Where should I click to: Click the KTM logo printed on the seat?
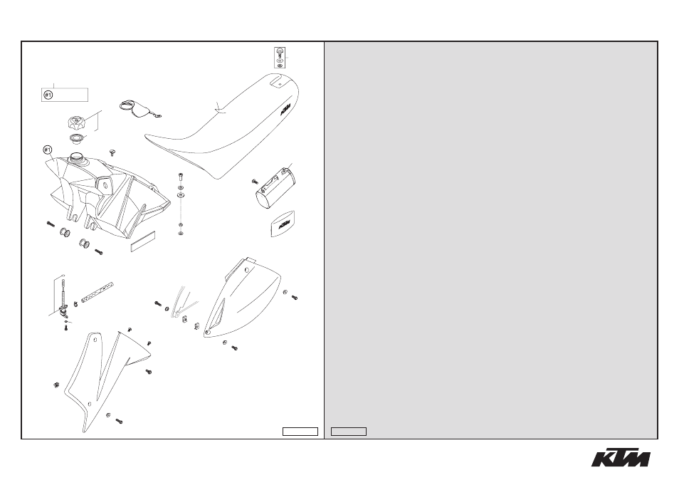tap(284, 110)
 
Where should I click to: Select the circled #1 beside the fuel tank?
tap(48, 150)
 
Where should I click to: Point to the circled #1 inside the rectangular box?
tap(48, 95)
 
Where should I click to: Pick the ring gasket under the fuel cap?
tap(78, 139)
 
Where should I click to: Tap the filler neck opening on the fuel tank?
tap(77, 157)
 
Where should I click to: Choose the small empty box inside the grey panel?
tap(349, 432)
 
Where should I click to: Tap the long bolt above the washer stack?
tap(181, 177)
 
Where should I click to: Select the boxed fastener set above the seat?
tap(280, 58)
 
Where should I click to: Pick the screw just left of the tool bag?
tap(255, 182)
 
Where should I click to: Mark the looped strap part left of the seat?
tap(138, 108)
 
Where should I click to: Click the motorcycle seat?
tap(225, 130)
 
